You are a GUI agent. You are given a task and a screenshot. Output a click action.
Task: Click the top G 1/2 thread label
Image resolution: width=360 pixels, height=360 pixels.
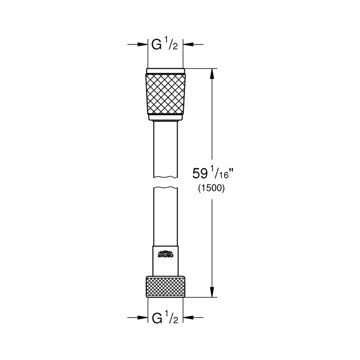tap(165, 45)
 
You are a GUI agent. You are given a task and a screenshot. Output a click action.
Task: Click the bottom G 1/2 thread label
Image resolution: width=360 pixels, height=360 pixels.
tap(165, 318)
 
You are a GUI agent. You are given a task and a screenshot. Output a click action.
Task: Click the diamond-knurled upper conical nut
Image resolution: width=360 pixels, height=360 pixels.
tap(165, 93)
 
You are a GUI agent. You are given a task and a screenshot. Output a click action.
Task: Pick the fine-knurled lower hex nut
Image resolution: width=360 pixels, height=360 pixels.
tap(165, 287)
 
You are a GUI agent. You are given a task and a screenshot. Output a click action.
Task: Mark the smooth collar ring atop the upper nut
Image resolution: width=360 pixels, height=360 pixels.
tap(165, 71)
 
